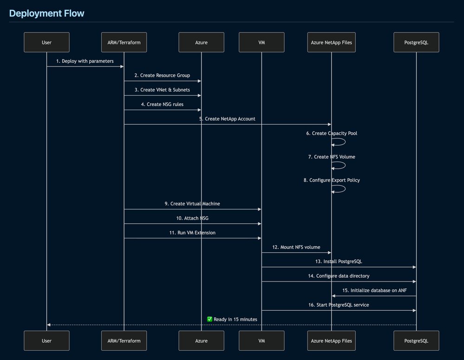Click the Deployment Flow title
[x=46, y=13]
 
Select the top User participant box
[x=46, y=42]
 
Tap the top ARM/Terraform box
[x=124, y=42]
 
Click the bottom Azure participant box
[x=201, y=340]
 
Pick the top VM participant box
[x=261, y=42]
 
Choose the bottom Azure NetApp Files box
[x=332, y=340]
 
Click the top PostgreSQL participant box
[x=416, y=42]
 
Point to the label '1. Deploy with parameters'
[x=85, y=61]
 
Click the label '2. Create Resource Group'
[x=162, y=75]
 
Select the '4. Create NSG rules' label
[x=162, y=104]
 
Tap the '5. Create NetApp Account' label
[x=227, y=119]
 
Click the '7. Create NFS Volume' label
[x=331, y=157]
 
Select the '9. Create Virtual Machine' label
[x=192, y=203]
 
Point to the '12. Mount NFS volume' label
[x=296, y=247]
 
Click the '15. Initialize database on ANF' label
[x=374, y=290]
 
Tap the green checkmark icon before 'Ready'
[x=210, y=319]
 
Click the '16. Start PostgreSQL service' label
[x=339, y=305]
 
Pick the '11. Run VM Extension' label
[x=192, y=232]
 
